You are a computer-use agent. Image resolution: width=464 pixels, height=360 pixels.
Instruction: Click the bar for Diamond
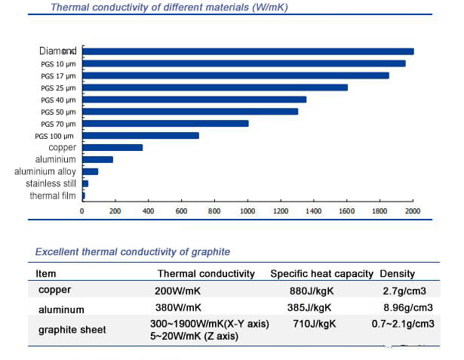tap(247, 51)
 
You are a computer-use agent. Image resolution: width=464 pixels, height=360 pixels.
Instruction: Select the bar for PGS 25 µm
tap(215, 87)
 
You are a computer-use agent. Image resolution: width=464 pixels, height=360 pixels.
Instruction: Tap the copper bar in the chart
tap(112, 147)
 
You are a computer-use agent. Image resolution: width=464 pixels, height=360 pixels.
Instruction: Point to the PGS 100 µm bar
tap(140, 135)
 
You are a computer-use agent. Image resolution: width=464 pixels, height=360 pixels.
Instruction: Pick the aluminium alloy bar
tap(90, 171)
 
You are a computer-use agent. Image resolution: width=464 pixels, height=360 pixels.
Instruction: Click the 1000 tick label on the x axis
tap(247, 212)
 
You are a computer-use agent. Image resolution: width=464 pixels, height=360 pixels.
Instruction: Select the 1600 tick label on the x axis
tap(347, 212)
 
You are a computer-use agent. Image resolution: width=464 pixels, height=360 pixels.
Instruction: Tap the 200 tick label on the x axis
tap(115, 212)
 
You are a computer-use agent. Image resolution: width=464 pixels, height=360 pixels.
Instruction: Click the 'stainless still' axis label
tap(51, 183)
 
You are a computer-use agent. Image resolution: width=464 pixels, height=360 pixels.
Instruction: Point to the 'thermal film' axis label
tap(53, 195)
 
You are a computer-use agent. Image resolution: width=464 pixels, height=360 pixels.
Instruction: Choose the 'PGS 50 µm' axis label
tap(58, 112)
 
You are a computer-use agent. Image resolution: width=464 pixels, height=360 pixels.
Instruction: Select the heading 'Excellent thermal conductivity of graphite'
tap(133, 251)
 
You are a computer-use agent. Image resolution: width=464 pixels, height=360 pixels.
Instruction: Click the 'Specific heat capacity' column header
tap(322, 273)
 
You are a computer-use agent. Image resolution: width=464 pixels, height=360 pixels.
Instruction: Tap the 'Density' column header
tap(398, 273)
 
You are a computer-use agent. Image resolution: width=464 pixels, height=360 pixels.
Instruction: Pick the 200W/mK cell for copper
tap(178, 289)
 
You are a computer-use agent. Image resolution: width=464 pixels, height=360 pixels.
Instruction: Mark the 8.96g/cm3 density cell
tap(407, 308)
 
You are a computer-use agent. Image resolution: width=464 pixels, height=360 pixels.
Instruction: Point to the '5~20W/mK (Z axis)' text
tap(195, 337)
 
